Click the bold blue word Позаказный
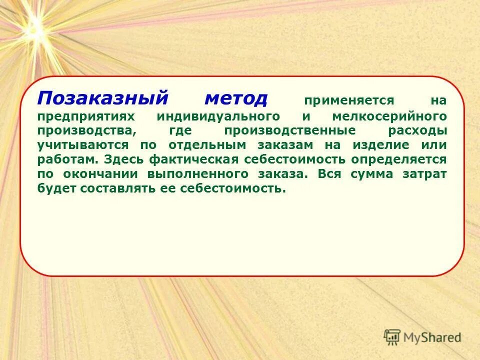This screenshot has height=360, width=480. coord(102,98)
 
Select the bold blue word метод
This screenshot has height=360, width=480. coord(236,98)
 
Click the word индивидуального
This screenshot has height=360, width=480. coord(218,116)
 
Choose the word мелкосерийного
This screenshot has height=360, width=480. coord(388,116)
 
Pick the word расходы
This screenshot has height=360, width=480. coord(417,130)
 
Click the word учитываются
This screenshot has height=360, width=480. coord(82,145)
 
